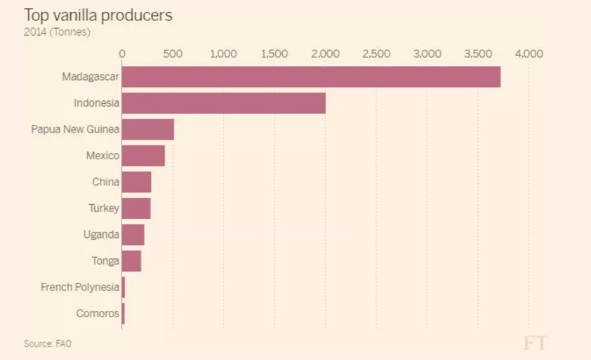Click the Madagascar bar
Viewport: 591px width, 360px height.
(311, 77)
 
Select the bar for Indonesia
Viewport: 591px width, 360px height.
(223, 103)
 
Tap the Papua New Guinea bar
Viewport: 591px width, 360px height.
(148, 129)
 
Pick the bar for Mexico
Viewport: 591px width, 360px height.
(143, 155)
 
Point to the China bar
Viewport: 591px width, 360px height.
(136, 182)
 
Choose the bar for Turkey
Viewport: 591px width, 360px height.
(136, 208)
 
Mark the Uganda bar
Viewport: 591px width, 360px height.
(133, 234)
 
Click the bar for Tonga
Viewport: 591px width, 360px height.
(131, 261)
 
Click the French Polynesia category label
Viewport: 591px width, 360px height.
(79, 287)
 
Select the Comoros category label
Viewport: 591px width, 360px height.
(97, 314)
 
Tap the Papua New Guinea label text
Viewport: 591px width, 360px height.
(74, 129)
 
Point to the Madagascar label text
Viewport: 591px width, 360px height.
(90, 76)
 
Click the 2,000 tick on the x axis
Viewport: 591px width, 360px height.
(325, 53)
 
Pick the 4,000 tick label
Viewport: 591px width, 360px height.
(529, 53)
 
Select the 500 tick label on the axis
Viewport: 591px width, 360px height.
(173, 53)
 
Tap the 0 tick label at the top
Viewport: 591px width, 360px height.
(122, 53)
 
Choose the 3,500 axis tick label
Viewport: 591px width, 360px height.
(478, 53)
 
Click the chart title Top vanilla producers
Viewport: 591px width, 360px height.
(98, 15)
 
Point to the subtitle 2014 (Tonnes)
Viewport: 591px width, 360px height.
(57, 32)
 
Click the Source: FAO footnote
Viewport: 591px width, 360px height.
(48, 344)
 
